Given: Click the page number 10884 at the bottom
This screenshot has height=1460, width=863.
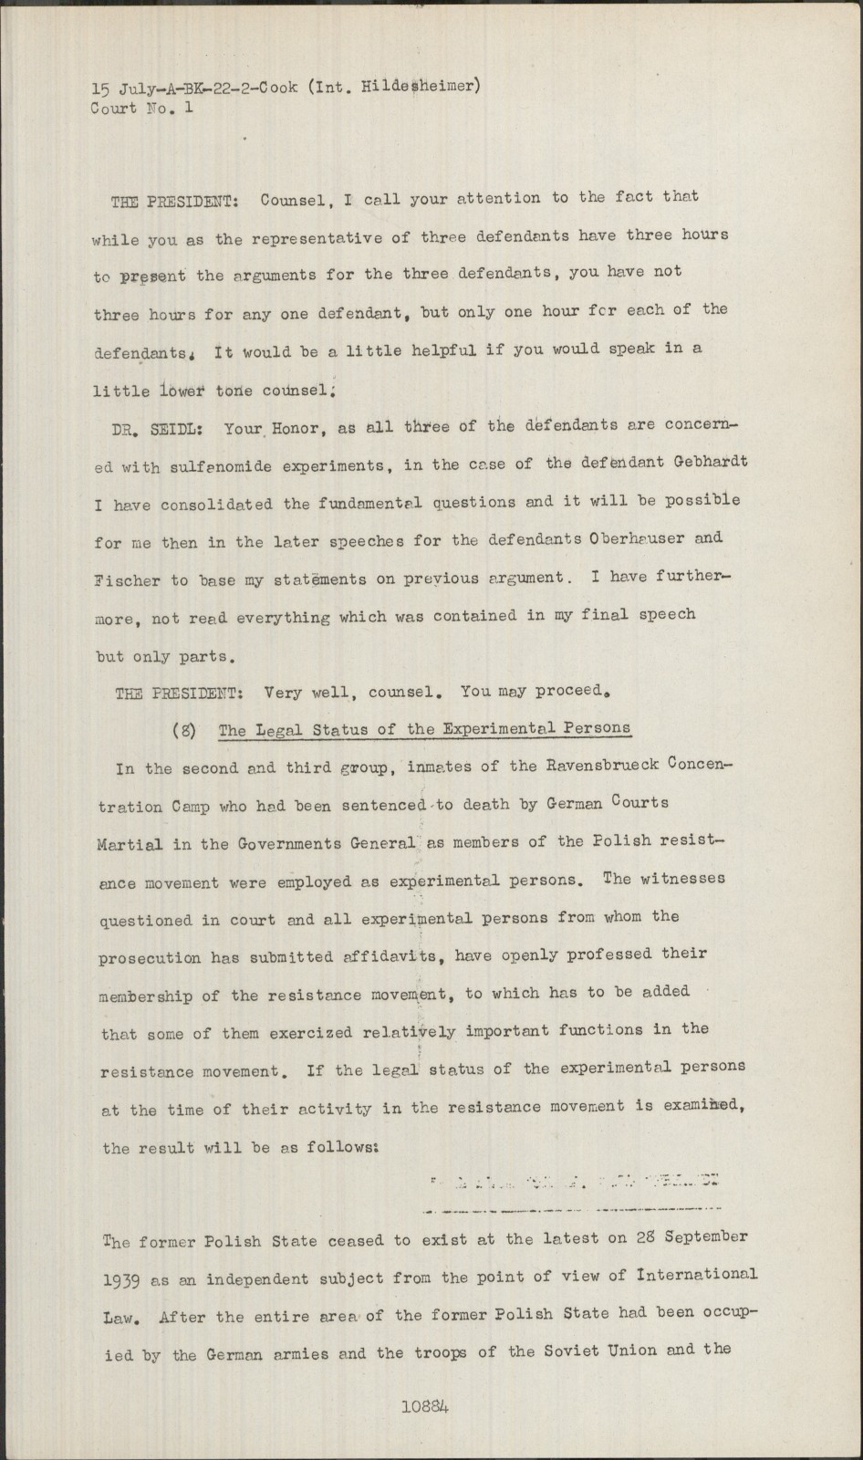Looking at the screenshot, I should tap(424, 1406).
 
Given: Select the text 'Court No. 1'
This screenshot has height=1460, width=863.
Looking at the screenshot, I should tap(142, 108).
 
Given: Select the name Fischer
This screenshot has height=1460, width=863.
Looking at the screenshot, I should tap(127, 579).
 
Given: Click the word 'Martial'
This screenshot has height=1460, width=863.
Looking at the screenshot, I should tap(130, 844).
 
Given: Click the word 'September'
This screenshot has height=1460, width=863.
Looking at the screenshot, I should tap(705, 1238).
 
